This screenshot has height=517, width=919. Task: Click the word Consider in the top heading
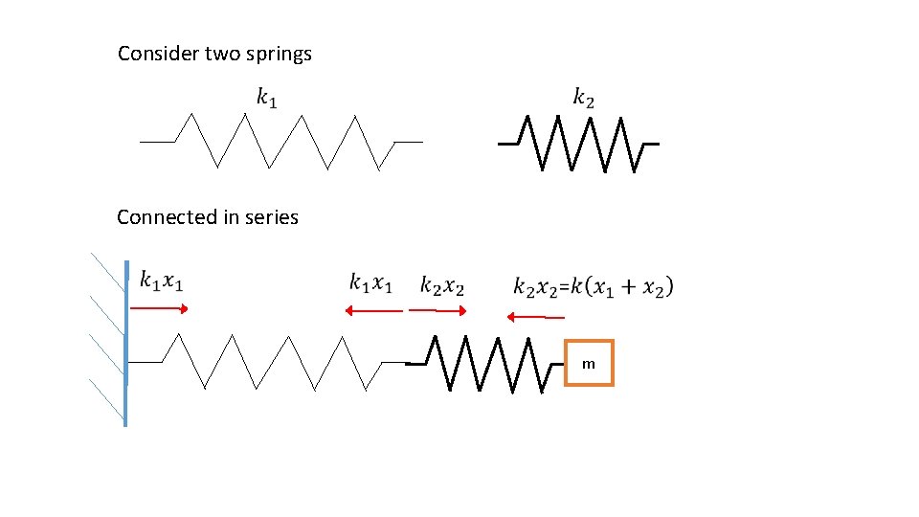(159, 54)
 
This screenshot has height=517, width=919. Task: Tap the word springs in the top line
(278, 55)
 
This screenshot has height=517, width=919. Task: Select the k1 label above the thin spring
(267, 97)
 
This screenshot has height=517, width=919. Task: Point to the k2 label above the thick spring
(584, 97)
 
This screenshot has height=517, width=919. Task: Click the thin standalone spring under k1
(280, 142)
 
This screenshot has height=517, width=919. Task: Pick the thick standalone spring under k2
(578, 144)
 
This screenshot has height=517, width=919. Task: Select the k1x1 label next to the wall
(162, 281)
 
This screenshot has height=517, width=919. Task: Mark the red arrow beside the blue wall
(160, 308)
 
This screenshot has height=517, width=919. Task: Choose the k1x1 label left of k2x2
(370, 283)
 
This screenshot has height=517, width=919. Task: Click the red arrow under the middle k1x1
(373, 310)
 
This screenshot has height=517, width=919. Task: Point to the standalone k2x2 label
(442, 285)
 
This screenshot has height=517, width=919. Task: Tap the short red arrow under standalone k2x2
(437, 310)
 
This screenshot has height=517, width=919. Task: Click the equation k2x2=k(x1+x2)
(594, 286)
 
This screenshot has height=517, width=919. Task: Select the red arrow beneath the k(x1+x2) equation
(536, 317)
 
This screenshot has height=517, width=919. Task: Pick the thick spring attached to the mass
(483, 364)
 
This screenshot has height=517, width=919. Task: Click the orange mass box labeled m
(589, 363)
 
